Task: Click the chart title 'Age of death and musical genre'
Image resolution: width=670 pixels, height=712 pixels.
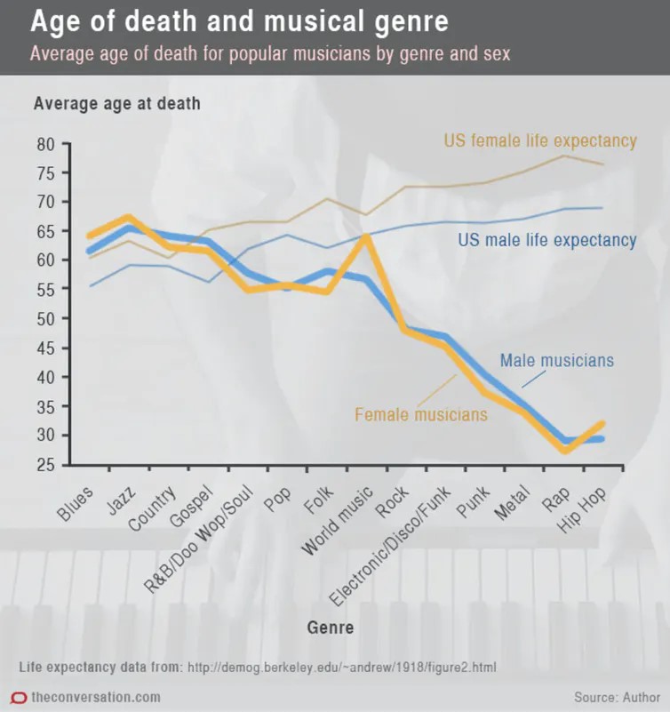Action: [x=239, y=20]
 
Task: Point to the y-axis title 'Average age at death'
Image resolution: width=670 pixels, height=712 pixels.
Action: [x=116, y=103]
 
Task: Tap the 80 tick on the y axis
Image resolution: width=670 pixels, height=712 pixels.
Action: [x=45, y=144]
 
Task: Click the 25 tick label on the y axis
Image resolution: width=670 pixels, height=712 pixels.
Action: [x=45, y=465]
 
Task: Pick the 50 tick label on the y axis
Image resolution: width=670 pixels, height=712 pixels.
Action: [x=45, y=318]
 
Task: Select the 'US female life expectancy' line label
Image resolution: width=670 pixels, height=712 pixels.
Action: [x=540, y=140]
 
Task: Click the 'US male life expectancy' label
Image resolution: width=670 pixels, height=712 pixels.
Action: [x=546, y=240]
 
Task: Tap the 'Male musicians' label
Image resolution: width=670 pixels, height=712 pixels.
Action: [x=556, y=360]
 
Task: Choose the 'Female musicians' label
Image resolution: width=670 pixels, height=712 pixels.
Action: [x=421, y=414]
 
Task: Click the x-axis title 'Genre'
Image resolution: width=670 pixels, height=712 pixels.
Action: [x=331, y=628]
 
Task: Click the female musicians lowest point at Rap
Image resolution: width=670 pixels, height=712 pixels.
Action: [x=564, y=450]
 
